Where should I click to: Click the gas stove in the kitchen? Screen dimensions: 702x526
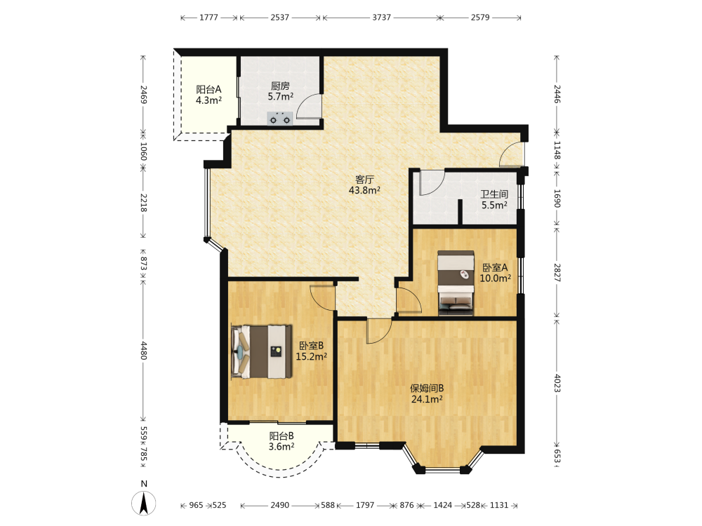click(x=280, y=119)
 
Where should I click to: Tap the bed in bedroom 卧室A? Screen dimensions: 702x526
click(x=456, y=283)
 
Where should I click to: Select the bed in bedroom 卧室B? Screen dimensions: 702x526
click(x=261, y=351)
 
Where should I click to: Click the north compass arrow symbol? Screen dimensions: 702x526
click(x=144, y=503)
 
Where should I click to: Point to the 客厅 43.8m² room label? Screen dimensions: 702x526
click(x=364, y=184)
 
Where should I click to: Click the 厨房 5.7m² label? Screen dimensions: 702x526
click(x=280, y=90)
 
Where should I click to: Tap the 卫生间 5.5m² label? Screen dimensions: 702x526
click(x=494, y=199)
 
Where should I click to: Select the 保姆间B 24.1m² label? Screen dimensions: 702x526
click(x=427, y=393)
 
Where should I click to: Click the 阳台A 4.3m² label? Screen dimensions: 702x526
click(x=208, y=95)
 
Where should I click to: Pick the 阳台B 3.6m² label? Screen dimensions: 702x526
click(x=282, y=441)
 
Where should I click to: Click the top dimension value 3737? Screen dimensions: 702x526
click(x=381, y=18)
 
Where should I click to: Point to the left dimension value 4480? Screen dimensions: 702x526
click(x=144, y=351)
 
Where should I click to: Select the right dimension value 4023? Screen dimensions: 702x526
click(x=557, y=383)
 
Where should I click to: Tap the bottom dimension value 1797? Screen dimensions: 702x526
click(x=365, y=505)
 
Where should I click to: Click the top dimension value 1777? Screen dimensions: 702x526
click(x=208, y=18)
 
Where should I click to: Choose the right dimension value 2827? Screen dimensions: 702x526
click(x=557, y=272)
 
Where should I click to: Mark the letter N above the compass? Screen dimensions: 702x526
click(x=144, y=483)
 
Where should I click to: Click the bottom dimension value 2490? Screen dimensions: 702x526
click(x=280, y=505)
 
